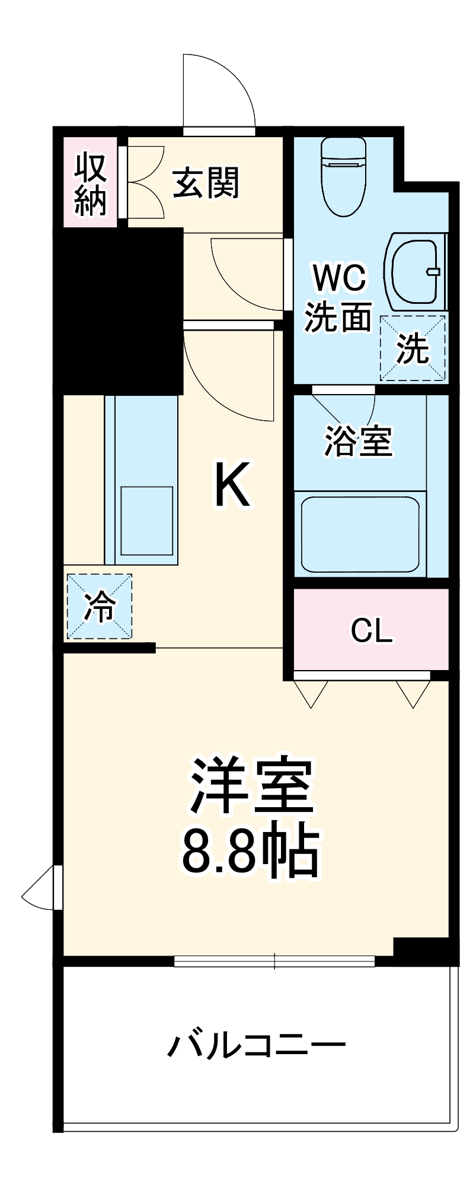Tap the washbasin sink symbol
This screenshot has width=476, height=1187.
tap(415, 272)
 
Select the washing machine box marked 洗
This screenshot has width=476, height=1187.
tap(413, 348)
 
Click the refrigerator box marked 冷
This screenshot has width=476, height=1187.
tap(99, 606)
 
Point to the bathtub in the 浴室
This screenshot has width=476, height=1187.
tap(360, 535)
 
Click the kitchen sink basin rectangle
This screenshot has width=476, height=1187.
tap(147, 520)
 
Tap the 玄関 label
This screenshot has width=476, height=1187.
tap(206, 183)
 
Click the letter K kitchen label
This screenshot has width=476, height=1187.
tap(232, 485)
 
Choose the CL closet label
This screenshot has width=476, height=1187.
tap(372, 630)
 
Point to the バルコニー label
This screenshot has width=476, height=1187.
tap(256, 1045)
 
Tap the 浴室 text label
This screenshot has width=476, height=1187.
tap(358, 441)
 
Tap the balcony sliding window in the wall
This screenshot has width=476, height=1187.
tap(274, 961)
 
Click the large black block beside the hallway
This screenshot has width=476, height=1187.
tap(117, 311)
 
